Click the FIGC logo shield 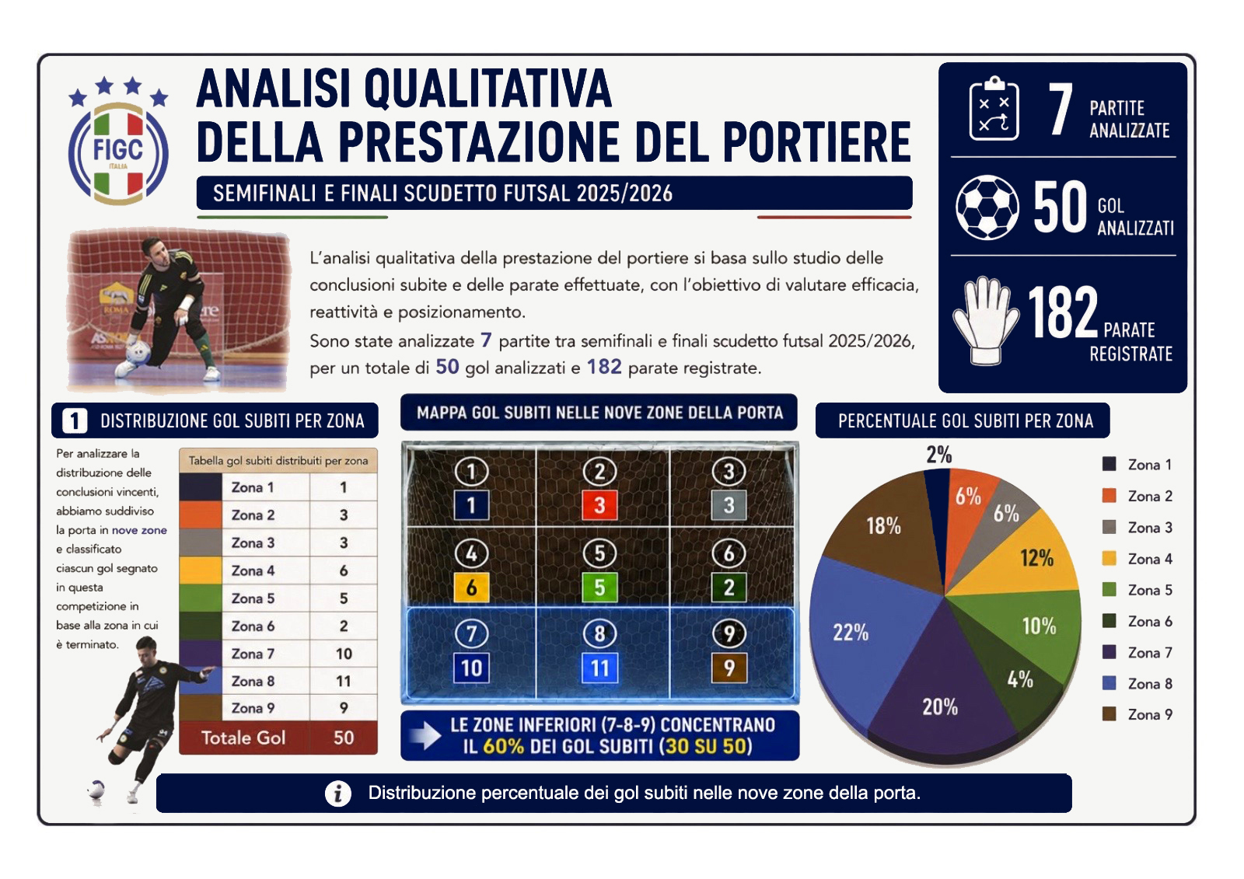tap(118, 152)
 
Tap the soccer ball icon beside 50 tap(987, 208)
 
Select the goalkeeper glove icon tap(986, 321)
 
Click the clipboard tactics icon tap(994, 108)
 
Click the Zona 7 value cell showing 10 tap(344, 654)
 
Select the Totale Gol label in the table tap(243, 738)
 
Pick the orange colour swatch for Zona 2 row tap(201, 514)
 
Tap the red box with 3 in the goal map tap(599, 505)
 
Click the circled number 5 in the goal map tap(599, 553)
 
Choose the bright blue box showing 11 tap(599, 668)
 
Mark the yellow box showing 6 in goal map tap(471, 588)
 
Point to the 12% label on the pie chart tap(1036, 558)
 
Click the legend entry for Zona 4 tap(1137, 559)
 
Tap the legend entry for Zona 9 tap(1137, 715)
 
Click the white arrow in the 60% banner tap(425, 736)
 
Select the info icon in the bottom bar tap(337, 794)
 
